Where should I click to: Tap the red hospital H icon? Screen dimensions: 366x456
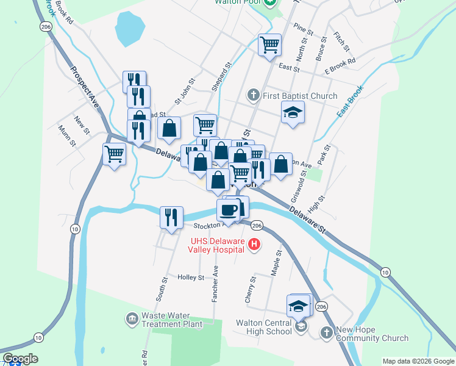(255, 245)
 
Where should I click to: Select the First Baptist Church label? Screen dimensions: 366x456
(299, 96)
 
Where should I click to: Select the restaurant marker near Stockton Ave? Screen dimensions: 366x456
(171, 217)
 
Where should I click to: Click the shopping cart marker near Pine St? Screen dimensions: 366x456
(269, 44)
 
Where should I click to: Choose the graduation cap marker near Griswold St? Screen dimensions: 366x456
(293, 112)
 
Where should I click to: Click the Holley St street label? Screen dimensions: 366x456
(190, 278)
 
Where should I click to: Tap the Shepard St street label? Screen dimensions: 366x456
(222, 76)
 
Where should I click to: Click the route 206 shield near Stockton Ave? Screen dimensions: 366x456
(257, 226)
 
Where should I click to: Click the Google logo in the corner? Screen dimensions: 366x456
(20, 359)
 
